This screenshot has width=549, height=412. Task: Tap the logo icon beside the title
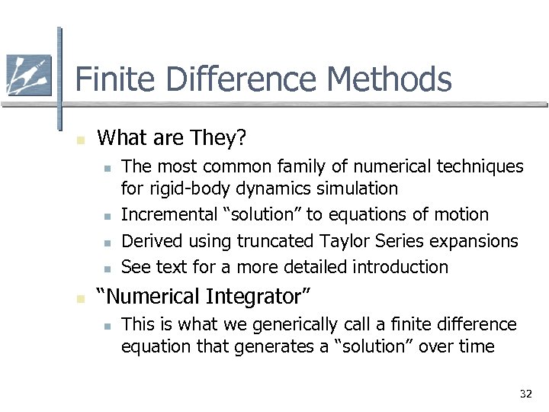click(28, 76)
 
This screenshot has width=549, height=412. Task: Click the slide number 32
click(525, 394)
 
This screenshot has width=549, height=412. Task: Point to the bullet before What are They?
click(79, 140)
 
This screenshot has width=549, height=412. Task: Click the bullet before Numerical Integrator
click(79, 298)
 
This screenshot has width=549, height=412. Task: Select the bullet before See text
click(108, 269)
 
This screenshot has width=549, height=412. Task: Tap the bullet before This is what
click(108, 326)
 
